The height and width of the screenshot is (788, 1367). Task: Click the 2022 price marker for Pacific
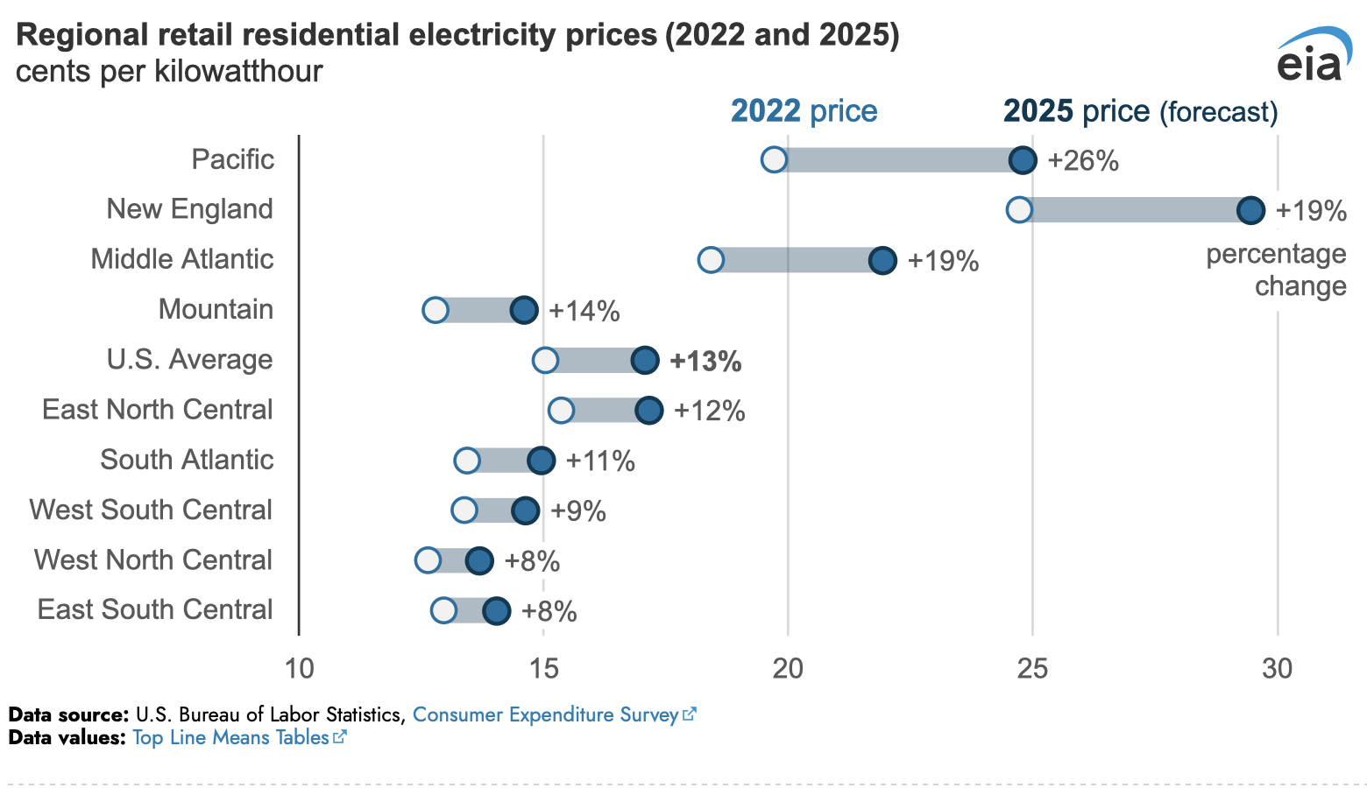pos(774,160)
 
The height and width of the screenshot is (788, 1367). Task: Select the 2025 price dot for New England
pos(1250,210)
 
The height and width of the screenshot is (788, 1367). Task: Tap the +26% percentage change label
pos(1083,161)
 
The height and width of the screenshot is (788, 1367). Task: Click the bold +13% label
pos(705,362)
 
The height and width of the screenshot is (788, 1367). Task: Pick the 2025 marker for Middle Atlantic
pos(882,260)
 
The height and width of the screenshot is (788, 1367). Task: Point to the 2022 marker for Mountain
pos(436,310)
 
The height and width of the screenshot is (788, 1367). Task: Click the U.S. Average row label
pos(189,360)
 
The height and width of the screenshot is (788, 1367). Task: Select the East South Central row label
pos(155,609)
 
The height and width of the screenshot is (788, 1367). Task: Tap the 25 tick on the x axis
pos(1032,669)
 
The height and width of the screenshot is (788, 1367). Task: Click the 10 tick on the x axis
pos(299,669)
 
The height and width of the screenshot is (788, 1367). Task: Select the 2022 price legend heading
pos(804,111)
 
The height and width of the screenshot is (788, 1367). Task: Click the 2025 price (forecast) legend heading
pos(1140,111)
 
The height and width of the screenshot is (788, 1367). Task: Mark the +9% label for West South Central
pos(578,511)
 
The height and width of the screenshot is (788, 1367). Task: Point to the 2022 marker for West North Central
pos(428,560)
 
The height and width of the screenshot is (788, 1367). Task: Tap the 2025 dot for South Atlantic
pos(541,461)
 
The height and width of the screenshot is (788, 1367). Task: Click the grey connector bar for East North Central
pos(605,410)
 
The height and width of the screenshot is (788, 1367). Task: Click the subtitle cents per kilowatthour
pos(169,71)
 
